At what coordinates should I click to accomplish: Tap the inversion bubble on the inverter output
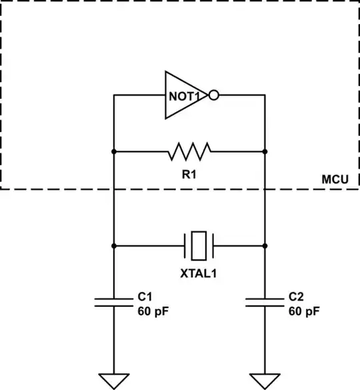click(213, 95)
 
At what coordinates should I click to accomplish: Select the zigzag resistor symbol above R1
click(189, 151)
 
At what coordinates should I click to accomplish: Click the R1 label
click(189, 175)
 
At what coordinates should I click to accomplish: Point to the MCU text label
click(335, 179)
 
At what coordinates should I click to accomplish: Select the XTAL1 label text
click(199, 273)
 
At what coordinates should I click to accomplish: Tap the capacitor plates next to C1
click(114, 302)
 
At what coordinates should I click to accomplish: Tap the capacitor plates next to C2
click(265, 302)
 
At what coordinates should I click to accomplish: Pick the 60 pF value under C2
click(305, 311)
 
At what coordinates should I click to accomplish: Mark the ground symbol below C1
click(114, 381)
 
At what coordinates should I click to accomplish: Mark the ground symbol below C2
click(265, 381)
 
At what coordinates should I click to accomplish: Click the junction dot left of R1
click(114, 151)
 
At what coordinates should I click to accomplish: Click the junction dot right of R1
click(265, 151)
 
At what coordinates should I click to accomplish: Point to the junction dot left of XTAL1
click(114, 245)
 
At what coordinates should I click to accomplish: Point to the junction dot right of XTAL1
click(265, 245)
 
